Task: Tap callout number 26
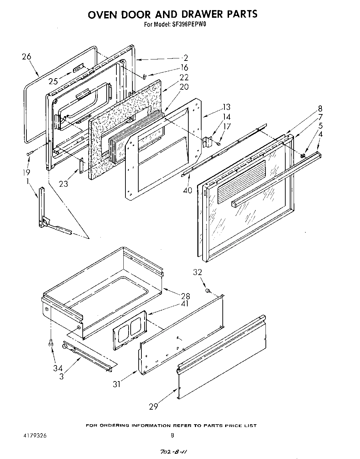coord(26,57)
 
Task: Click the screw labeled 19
coord(29,153)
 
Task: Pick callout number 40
coord(187,190)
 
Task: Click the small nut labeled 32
coord(207,290)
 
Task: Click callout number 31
coord(117,384)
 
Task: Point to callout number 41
coord(185,304)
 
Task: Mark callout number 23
coord(64,183)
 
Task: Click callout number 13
coord(226,107)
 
